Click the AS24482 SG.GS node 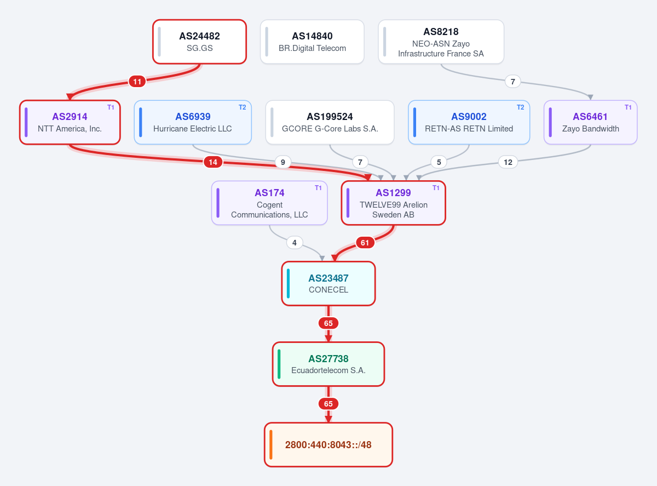(x=199, y=42)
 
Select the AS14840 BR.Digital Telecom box (x=312, y=42)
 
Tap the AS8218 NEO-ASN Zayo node (x=441, y=42)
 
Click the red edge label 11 (x=137, y=82)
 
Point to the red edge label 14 (x=213, y=162)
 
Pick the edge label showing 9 (x=283, y=162)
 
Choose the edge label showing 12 (x=508, y=162)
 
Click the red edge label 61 (x=365, y=243)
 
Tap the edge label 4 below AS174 (x=295, y=243)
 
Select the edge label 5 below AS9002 (x=439, y=162)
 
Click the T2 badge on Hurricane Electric (x=243, y=107)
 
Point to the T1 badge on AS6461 (x=628, y=107)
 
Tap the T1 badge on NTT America (x=111, y=107)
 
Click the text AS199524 (x=330, y=117)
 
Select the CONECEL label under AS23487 (x=328, y=290)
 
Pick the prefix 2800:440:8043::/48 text (x=328, y=445)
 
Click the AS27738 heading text (x=328, y=359)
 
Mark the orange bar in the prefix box (x=270, y=445)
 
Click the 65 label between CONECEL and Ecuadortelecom (x=328, y=323)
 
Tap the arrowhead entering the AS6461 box (x=590, y=98)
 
